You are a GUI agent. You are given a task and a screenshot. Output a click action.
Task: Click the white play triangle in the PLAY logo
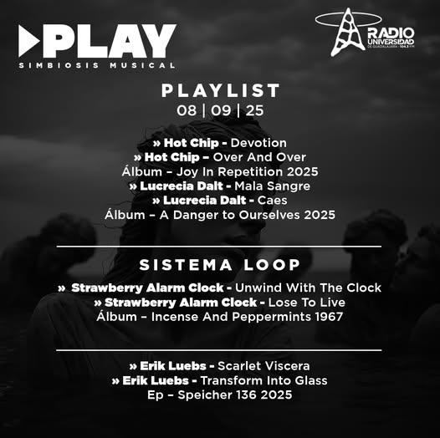tap(28, 41)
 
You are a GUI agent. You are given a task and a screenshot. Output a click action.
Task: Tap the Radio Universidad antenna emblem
tap(348, 32)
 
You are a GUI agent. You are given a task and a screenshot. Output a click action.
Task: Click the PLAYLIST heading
tap(221, 90)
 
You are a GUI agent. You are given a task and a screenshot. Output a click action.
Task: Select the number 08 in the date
tap(187, 110)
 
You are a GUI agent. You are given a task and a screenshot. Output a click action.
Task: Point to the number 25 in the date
tap(255, 110)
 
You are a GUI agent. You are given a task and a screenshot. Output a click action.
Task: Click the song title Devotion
tap(258, 143)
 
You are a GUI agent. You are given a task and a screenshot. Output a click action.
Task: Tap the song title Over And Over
tap(259, 157)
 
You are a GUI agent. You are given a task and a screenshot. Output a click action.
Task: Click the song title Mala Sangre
tap(272, 186)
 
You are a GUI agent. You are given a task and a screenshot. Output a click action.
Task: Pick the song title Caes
tap(272, 201)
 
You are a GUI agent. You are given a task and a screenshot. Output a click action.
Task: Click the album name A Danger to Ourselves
tap(230, 215)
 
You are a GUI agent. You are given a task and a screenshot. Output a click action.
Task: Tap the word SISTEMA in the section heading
tap(186, 265)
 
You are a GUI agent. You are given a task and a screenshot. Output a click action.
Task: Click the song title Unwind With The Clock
tap(308, 288)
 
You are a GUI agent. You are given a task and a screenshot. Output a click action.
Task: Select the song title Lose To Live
tap(307, 303)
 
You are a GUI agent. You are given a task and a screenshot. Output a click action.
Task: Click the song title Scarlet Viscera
tap(263, 366)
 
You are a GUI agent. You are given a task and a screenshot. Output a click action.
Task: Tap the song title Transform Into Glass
tap(263, 380)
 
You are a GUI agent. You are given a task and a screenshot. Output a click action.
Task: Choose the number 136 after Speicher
tap(247, 395)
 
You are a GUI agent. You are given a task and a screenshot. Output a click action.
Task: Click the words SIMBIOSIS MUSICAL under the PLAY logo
tap(97, 65)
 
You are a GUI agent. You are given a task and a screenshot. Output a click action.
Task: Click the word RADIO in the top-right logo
tap(391, 33)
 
